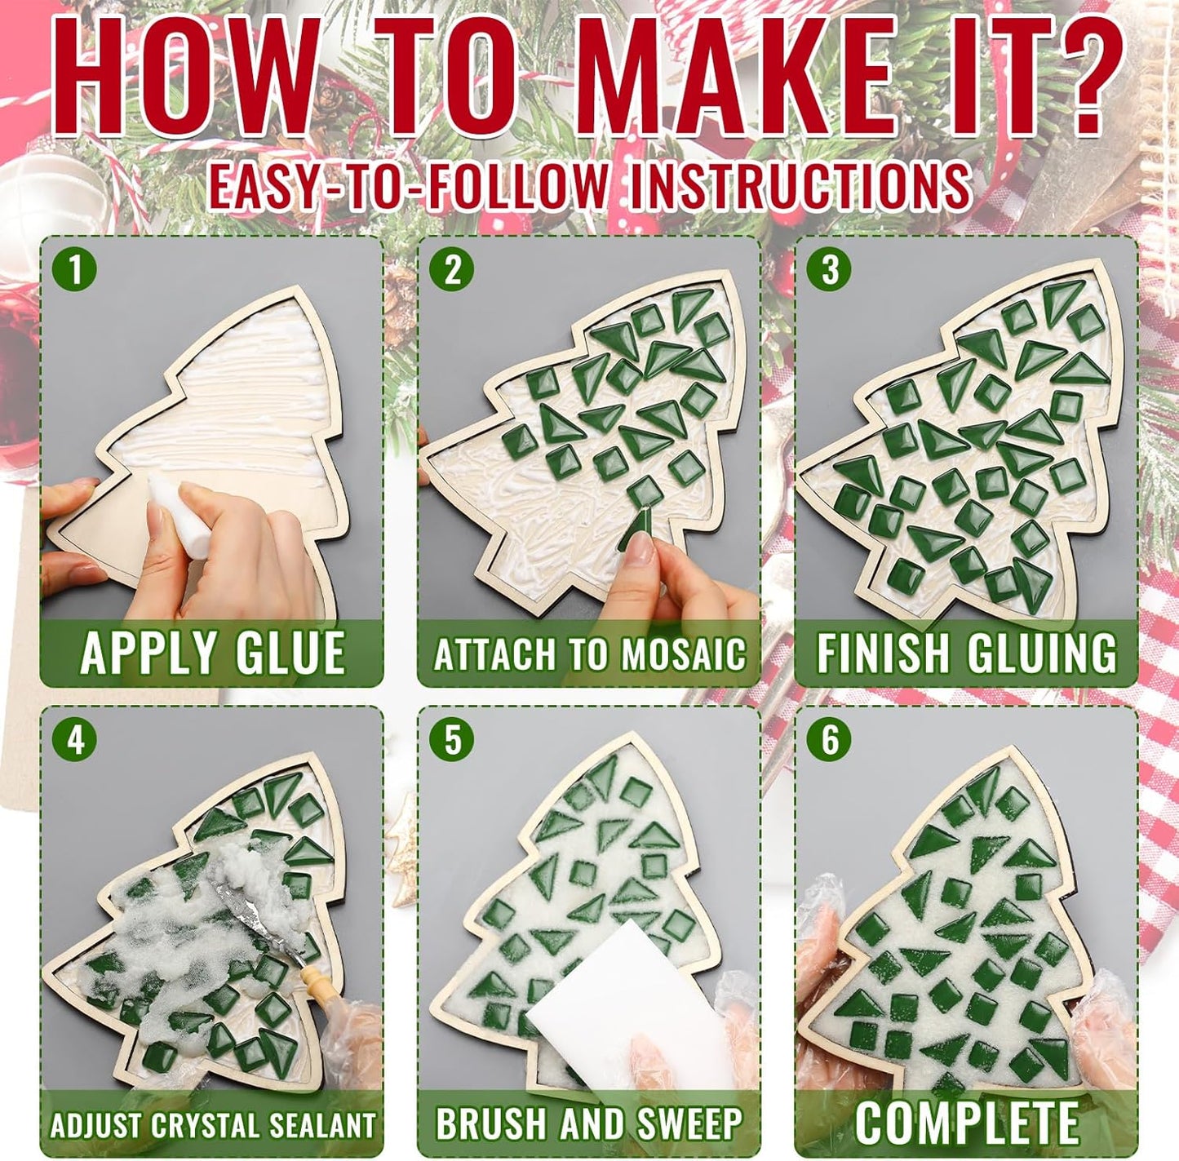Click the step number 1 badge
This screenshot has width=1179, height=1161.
click(x=76, y=271)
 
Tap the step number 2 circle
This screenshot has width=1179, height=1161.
click(x=451, y=271)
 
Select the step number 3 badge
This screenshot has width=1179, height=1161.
click(x=830, y=271)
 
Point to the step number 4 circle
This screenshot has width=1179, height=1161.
click(x=76, y=741)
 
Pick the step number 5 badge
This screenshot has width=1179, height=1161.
click(x=451, y=741)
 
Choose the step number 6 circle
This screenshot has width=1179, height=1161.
click(x=830, y=741)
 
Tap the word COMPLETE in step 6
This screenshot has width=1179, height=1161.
click(x=968, y=1122)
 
